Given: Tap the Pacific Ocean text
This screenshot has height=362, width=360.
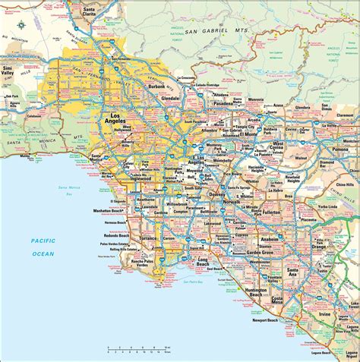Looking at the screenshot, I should click(43, 247).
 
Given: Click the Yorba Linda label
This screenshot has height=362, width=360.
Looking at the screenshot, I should click(327, 207).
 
